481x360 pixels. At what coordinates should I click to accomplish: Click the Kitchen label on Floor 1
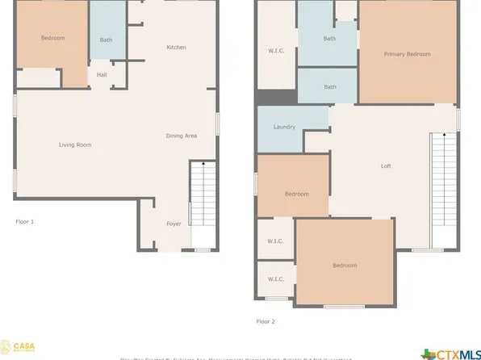[176, 48]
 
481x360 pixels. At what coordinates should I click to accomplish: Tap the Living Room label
[74, 145]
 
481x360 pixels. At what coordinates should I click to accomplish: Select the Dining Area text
[181, 136]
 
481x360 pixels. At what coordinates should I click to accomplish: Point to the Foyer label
[174, 224]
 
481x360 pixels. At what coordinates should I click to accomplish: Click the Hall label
[102, 75]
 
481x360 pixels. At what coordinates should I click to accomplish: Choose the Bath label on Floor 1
[106, 40]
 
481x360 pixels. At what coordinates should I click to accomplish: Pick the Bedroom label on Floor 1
[52, 38]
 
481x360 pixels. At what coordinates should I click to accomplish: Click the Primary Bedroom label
[407, 54]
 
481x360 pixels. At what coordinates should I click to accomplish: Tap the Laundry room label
[284, 127]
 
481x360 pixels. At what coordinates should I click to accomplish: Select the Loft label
[386, 166]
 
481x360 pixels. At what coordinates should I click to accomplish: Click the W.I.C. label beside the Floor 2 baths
[276, 52]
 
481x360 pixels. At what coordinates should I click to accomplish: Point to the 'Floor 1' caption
[25, 221]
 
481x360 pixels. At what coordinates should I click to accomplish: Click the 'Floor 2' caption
[266, 321]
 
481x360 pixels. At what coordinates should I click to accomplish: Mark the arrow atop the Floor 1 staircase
[203, 164]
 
